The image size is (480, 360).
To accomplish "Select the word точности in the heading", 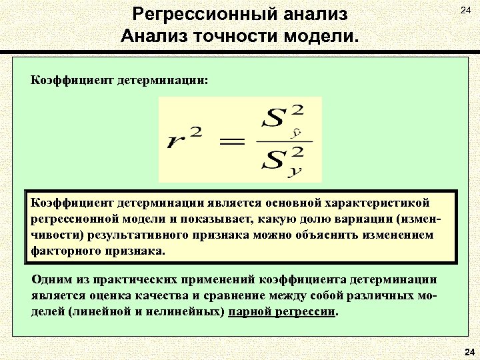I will point(242,35).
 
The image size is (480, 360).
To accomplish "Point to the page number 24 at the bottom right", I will point(468,352).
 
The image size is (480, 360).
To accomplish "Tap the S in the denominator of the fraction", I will point(274,161).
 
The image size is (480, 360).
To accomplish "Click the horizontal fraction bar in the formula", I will point(284,141).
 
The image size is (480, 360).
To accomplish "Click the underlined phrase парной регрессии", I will point(282,312).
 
